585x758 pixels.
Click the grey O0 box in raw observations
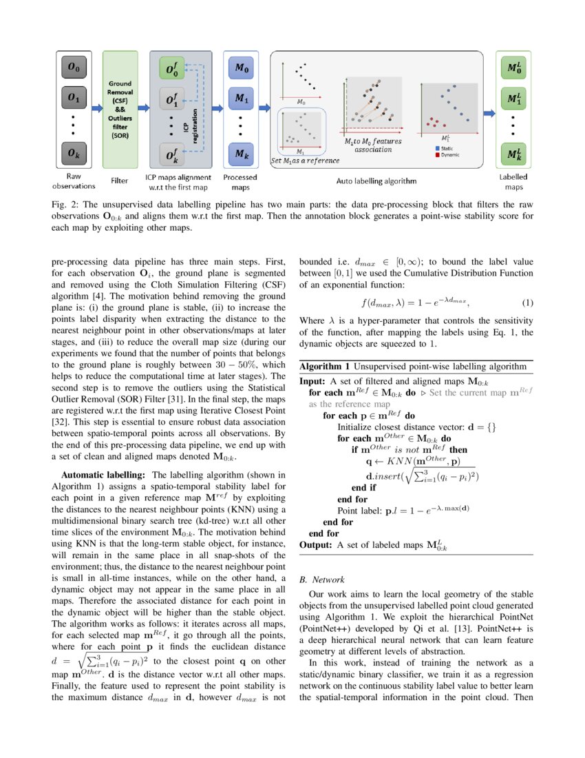click(x=73, y=68)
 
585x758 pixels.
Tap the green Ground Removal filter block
click(x=120, y=110)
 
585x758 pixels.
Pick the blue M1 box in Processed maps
click(x=241, y=99)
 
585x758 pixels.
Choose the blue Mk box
click(x=241, y=153)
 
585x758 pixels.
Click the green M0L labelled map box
click(x=513, y=68)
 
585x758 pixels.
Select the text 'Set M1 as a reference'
click(x=305, y=161)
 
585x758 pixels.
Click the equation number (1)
click(x=528, y=303)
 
